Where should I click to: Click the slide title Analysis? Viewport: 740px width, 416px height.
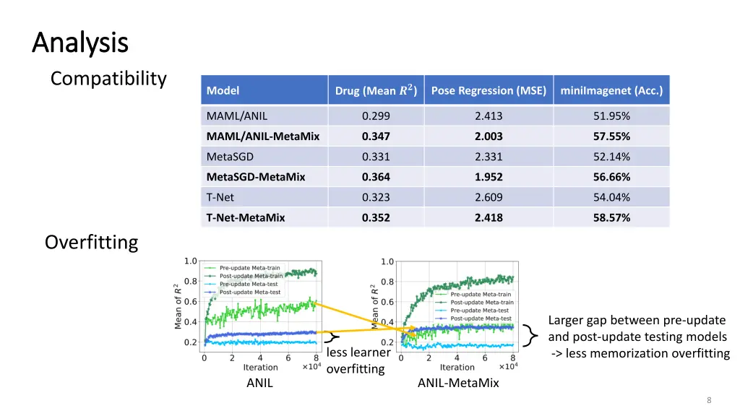[80, 43]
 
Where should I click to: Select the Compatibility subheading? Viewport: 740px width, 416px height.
[108, 78]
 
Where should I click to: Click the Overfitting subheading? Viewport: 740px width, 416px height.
[91, 242]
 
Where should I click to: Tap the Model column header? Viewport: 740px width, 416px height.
[223, 91]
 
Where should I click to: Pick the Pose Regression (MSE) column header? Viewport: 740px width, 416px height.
[489, 91]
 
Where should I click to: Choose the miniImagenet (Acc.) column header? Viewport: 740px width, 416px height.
[611, 91]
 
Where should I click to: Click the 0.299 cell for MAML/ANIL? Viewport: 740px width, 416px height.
[376, 116]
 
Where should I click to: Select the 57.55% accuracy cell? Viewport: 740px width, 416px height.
[611, 136]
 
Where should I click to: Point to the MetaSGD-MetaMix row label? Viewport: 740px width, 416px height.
[256, 177]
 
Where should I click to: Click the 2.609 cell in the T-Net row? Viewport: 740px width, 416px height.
[489, 197]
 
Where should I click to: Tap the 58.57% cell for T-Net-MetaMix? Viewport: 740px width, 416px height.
[611, 217]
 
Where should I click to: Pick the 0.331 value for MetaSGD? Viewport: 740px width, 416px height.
[376, 157]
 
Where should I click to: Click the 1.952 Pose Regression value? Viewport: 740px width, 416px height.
[489, 177]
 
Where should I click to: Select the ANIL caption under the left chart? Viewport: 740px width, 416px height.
[259, 383]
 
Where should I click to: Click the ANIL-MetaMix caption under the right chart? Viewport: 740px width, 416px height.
[458, 383]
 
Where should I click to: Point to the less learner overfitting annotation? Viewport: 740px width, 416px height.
[358, 360]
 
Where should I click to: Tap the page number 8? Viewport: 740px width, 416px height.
[709, 401]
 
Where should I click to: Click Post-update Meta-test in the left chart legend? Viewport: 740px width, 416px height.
[250, 292]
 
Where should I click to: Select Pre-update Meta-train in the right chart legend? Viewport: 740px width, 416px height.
[481, 295]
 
